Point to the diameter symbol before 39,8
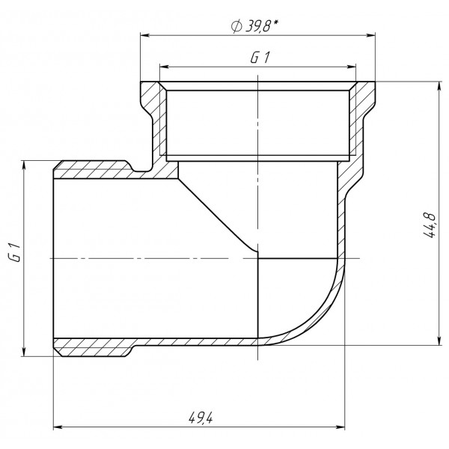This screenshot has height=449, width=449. click(x=236, y=26)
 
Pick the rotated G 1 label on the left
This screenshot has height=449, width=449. click(x=13, y=256)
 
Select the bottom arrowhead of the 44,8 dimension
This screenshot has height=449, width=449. click(x=437, y=341)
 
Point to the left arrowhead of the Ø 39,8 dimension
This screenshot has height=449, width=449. click(x=145, y=34)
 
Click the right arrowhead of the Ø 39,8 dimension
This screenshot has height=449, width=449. click(x=370, y=34)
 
